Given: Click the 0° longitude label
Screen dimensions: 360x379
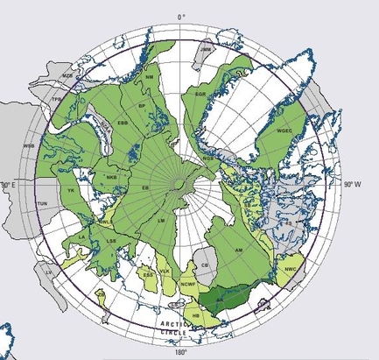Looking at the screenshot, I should click(182, 17).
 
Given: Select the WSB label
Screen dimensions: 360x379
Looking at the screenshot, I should click(28, 145).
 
